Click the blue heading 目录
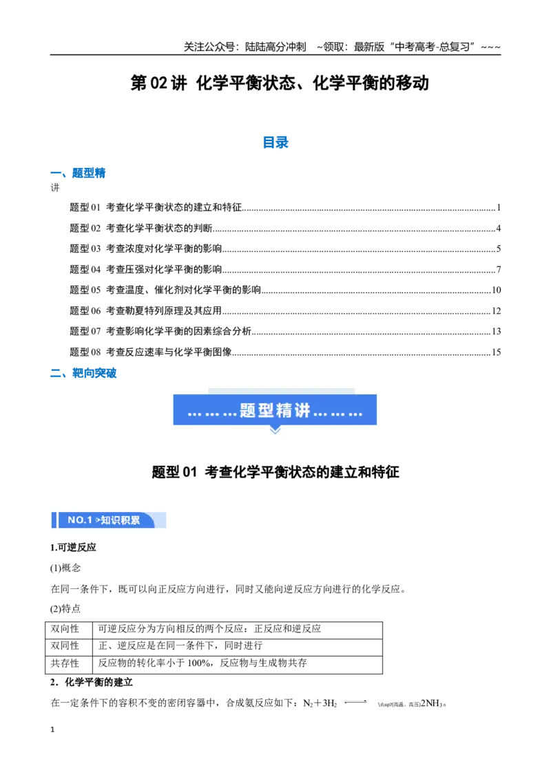coord(275,142)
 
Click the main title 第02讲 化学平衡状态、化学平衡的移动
coord(280,83)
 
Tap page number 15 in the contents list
coord(497,352)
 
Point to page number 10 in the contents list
coord(497,290)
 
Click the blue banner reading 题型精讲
coord(275,410)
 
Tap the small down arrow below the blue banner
coord(275,430)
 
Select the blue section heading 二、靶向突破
coord(83,373)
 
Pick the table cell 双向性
coord(65,629)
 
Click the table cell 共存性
coord(65,663)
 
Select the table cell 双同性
coord(65,646)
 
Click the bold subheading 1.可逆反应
coord(73,548)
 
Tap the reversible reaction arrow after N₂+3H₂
coord(355,702)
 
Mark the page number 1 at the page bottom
coord(52,729)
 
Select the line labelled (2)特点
coord(65,609)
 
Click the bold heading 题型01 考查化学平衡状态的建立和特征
coord(275,472)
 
